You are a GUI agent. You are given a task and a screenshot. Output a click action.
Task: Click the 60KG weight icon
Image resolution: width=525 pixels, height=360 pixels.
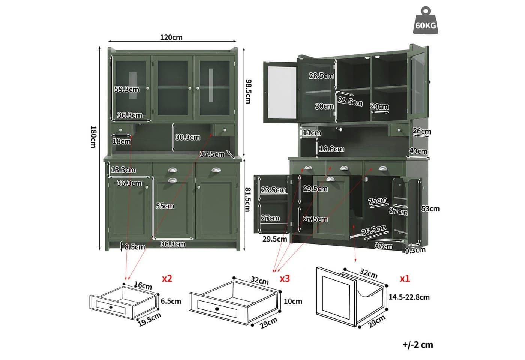425,20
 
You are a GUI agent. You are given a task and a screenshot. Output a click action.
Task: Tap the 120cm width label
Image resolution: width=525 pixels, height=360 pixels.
171,37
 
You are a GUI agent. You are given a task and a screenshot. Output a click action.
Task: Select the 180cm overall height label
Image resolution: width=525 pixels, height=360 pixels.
93,137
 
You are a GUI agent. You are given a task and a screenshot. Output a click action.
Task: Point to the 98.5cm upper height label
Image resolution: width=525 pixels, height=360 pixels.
248,91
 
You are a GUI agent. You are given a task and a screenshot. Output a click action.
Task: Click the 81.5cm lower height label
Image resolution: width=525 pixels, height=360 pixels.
248,199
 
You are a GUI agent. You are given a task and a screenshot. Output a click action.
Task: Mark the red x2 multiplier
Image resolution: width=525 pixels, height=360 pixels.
167,278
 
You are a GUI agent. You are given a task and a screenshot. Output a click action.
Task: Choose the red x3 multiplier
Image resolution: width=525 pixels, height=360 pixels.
285,278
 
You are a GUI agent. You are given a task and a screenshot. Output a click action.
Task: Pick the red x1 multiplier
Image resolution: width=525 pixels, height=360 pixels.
405,278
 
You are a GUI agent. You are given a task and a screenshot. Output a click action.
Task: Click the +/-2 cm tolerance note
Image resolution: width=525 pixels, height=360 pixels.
418,345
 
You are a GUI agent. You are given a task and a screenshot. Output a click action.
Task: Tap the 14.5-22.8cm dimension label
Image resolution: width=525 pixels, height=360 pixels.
409,297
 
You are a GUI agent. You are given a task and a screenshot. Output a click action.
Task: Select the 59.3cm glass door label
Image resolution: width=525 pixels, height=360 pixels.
127,89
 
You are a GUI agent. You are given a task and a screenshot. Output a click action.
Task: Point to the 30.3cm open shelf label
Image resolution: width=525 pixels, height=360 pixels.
187,137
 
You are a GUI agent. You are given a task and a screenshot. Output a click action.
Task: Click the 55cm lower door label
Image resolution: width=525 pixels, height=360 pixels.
165,206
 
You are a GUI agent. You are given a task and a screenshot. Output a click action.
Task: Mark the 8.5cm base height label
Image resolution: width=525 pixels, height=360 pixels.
135,247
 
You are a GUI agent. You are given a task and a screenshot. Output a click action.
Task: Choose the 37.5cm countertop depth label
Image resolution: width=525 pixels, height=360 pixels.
212,154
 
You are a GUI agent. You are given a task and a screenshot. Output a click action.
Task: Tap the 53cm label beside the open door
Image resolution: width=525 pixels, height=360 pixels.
430,208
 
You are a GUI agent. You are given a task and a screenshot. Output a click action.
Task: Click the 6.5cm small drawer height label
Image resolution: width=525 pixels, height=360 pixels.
171,301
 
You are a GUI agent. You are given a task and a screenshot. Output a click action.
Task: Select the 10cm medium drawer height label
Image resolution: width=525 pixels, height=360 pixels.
293,301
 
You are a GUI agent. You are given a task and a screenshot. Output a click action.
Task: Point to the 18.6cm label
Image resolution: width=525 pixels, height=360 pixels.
331,149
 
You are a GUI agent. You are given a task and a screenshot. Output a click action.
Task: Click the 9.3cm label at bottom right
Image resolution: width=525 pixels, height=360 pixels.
415,250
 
